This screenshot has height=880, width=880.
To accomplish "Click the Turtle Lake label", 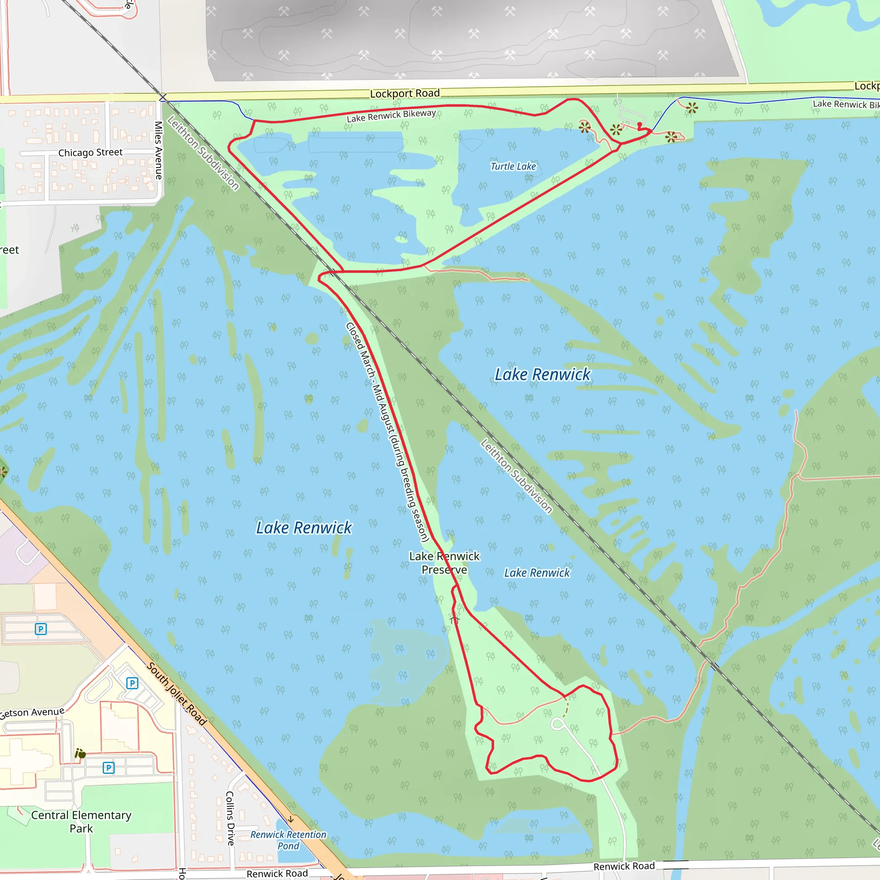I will click(x=513, y=166).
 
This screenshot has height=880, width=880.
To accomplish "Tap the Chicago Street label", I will click(x=90, y=153).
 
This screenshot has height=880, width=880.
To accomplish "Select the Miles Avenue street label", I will click(x=159, y=150).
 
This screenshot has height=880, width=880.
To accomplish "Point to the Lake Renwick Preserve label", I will click(x=444, y=563).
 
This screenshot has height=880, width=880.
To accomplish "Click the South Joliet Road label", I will click(x=176, y=694).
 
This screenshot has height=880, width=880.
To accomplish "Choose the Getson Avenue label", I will click(x=32, y=713).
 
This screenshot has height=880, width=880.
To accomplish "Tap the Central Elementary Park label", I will click(x=81, y=822).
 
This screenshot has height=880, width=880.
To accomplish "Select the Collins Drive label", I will click(x=230, y=819).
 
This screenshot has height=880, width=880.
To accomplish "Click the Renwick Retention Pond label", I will click(x=288, y=840).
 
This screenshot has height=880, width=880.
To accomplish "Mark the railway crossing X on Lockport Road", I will click(x=162, y=97).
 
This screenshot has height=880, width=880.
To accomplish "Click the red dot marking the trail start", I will click(x=639, y=124).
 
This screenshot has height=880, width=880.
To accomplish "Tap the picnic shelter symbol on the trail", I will click(x=454, y=617).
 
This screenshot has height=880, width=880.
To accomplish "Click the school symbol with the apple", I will click(x=80, y=754).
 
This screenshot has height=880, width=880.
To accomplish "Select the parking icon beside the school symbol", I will click(x=108, y=768).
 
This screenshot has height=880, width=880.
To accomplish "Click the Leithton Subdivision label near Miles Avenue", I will click(x=203, y=153).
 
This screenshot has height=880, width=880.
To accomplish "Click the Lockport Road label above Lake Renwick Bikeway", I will click(x=404, y=93).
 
